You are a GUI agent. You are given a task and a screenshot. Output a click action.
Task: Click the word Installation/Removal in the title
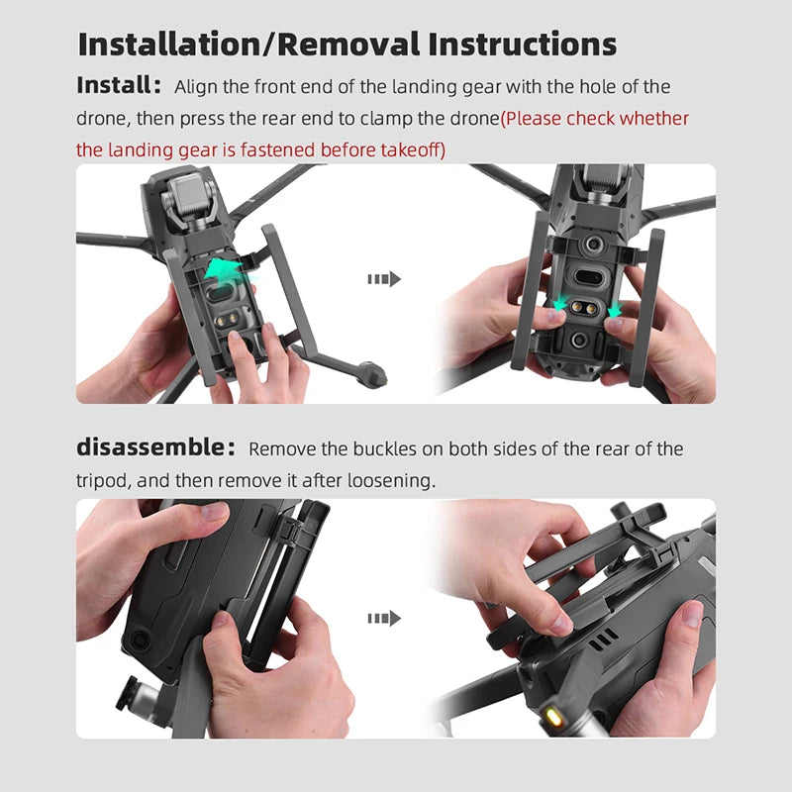click(248, 45)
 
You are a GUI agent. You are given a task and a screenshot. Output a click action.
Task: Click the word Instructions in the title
click(523, 45)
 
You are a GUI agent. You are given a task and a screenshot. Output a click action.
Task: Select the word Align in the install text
click(196, 87)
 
